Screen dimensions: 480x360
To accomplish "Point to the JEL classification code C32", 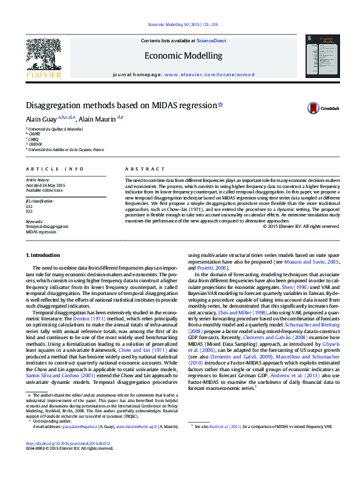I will (x=29, y=206).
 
